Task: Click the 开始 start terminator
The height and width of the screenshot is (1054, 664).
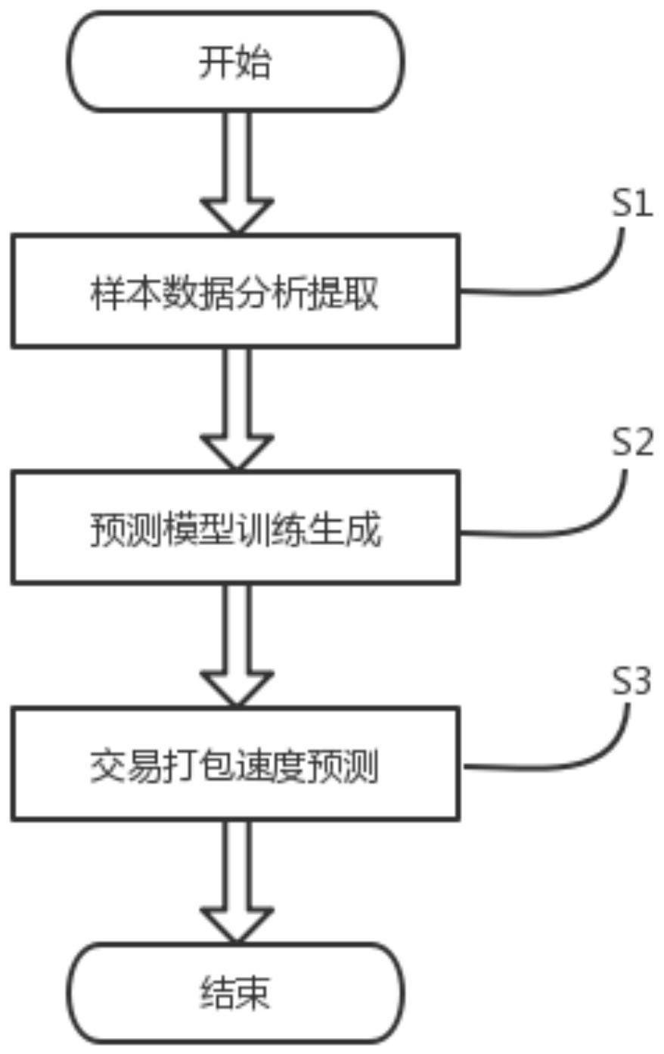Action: [x=235, y=62]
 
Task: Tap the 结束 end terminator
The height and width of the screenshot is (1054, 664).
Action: [x=235, y=992]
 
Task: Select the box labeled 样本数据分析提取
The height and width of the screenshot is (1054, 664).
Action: [x=234, y=292]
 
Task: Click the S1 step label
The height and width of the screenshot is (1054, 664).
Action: [x=631, y=205]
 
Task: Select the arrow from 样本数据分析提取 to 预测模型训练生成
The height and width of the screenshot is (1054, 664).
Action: [x=236, y=408]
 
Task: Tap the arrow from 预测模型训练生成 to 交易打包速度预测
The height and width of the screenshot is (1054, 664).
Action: [x=236, y=644]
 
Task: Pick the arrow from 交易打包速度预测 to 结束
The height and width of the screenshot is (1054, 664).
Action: [x=236, y=881]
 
